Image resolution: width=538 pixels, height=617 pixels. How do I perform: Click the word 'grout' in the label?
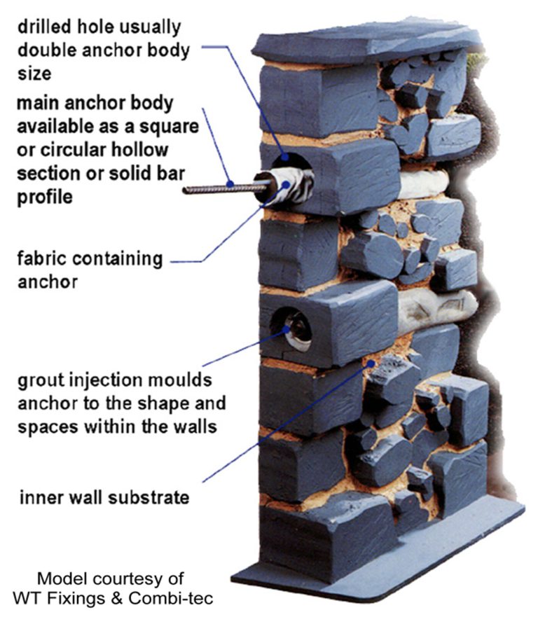point(38,382)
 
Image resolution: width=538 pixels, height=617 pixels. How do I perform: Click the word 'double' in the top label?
point(41,51)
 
